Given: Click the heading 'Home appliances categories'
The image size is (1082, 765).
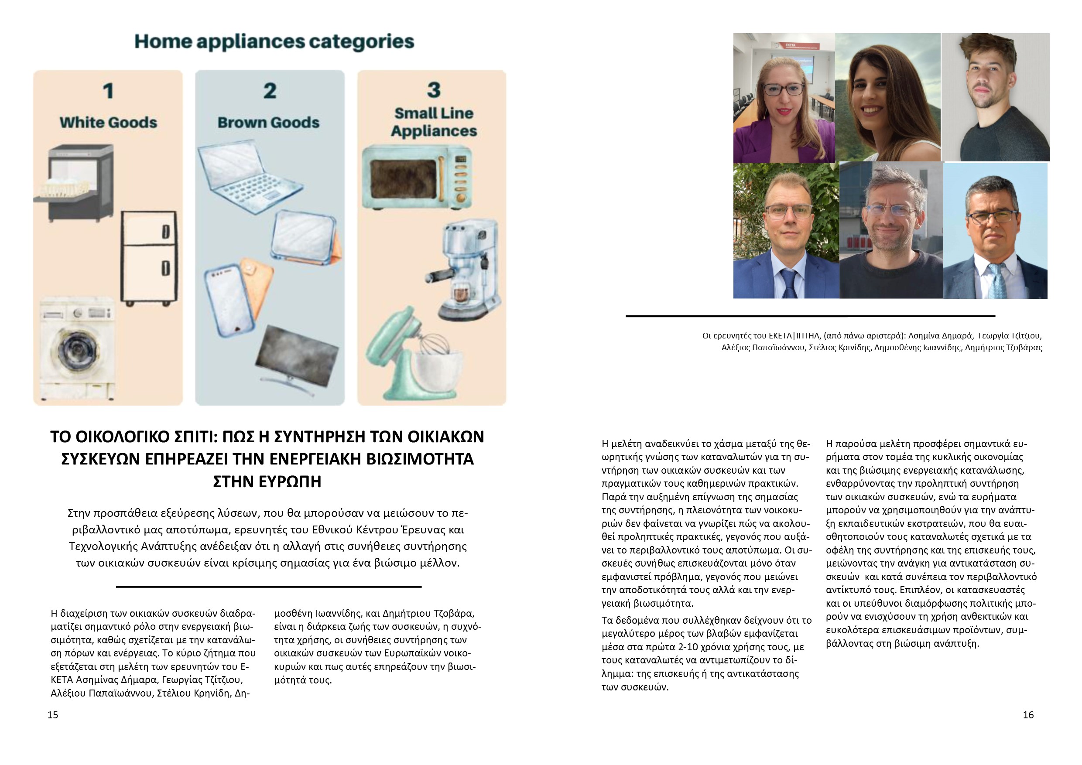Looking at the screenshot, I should (274, 41).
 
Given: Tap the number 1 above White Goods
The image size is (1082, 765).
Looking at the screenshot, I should (108, 91).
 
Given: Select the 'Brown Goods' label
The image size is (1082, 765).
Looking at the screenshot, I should (268, 123).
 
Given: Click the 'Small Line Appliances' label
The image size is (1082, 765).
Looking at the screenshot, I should (434, 122).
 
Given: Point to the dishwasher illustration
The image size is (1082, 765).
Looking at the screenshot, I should (75, 183).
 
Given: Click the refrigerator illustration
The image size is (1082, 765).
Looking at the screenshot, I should (149, 258).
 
